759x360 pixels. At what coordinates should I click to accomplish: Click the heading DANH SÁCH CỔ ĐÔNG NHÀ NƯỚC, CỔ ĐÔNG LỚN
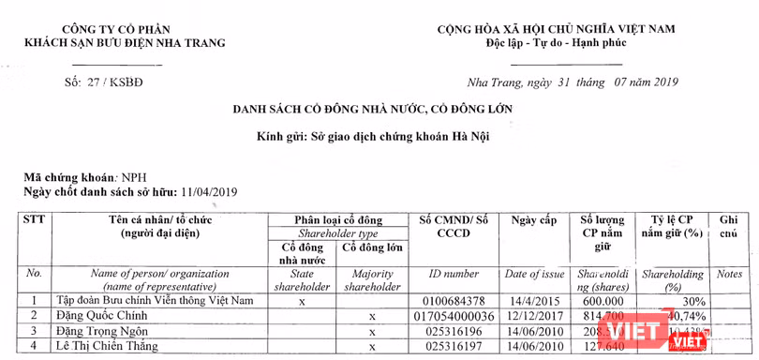point(373,110)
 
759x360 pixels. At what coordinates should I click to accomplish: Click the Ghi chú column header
point(729,226)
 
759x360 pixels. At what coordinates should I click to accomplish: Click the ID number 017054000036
point(456,316)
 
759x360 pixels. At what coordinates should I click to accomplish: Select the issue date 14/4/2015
point(534,301)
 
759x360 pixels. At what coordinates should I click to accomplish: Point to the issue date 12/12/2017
point(534,316)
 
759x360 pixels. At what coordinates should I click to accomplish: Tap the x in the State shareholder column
point(302,302)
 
